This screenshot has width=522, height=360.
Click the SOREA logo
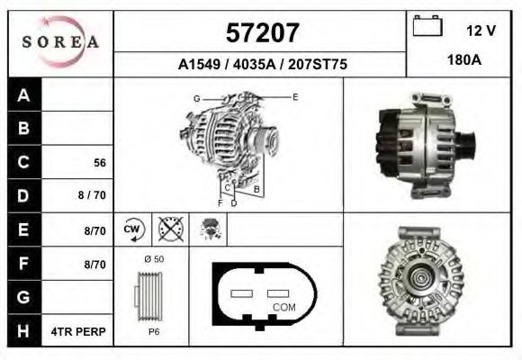[60, 43]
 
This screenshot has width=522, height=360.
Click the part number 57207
[261, 33]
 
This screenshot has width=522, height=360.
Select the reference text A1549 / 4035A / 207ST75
[263, 65]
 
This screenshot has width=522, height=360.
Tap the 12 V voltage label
[481, 31]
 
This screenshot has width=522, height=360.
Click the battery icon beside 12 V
[427, 28]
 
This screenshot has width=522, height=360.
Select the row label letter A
[24, 96]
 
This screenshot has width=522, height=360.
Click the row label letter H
[24, 331]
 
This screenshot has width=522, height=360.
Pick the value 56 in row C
[101, 163]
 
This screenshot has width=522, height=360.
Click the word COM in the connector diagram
[283, 307]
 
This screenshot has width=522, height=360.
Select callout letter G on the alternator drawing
[196, 97]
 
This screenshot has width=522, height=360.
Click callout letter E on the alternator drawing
[294, 95]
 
